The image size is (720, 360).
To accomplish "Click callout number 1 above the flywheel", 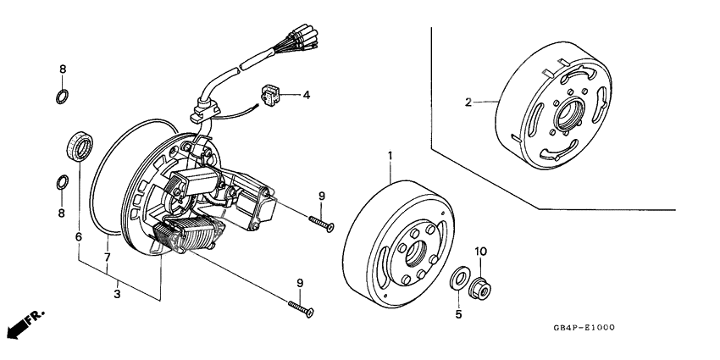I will click(x=390, y=156).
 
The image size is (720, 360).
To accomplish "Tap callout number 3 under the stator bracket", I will click(x=117, y=294).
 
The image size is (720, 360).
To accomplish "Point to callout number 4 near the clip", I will click(x=306, y=95).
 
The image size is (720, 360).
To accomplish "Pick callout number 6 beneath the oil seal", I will click(x=79, y=238).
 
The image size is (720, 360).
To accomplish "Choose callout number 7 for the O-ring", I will click(x=108, y=256).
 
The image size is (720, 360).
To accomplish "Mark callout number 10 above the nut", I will click(x=480, y=252).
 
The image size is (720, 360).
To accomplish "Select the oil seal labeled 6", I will click(x=80, y=147).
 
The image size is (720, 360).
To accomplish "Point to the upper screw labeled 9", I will click(x=321, y=222).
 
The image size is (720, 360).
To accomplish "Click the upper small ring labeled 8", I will click(x=62, y=94).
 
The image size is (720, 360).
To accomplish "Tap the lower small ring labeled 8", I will click(x=62, y=182).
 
